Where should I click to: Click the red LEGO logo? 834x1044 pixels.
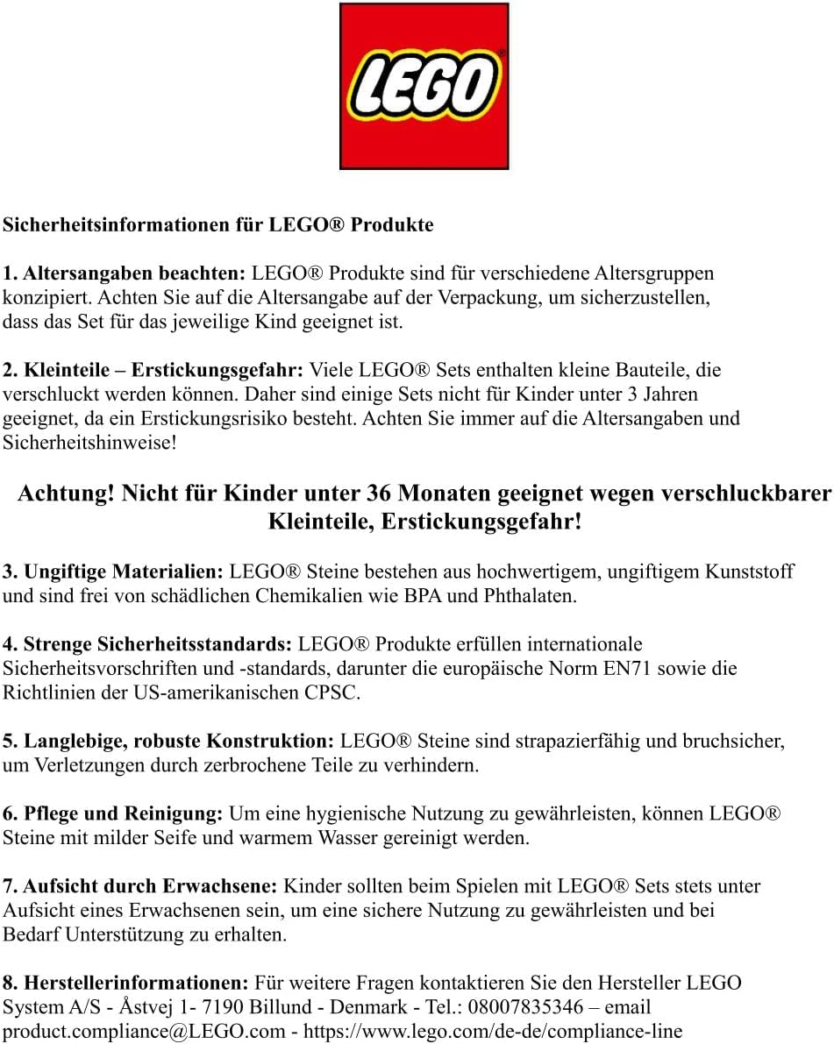click(424, 86)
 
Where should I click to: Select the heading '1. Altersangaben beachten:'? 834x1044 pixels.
click(126, 273)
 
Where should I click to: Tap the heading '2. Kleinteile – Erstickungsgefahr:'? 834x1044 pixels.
click(154, 370)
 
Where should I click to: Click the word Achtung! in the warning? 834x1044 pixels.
click(66, 494)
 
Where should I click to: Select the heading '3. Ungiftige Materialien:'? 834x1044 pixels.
click(114, 572)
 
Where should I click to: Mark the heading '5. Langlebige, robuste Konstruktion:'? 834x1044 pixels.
click(169, 742)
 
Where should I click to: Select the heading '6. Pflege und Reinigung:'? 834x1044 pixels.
click(114, 814)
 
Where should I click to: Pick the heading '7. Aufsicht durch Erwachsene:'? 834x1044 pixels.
click(140, 886)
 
